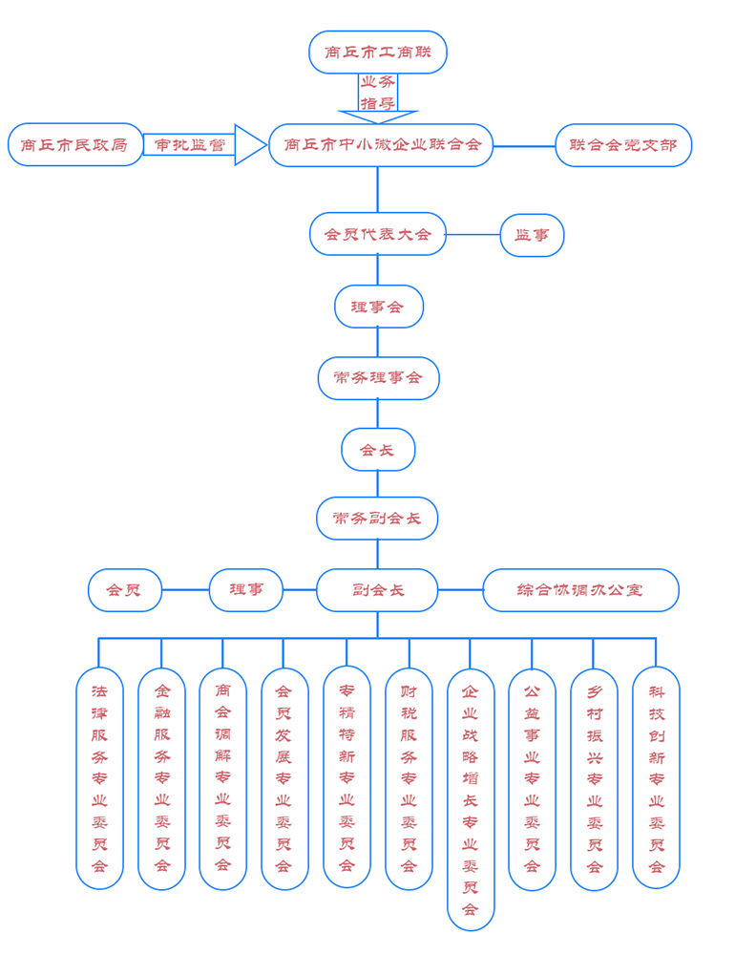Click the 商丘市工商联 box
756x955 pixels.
click(378, 52)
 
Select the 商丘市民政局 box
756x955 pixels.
click(75, 145)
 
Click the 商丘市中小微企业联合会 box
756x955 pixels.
click(381, 145)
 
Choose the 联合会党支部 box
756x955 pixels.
click(623, 145)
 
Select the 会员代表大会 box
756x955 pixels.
click(378, 234)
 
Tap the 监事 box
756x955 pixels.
click(532, 235)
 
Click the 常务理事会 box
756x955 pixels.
click(378, 378)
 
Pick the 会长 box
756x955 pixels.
click(378, 449)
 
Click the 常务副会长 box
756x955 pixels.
click(378, 519)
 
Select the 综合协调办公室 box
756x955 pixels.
click(580, 590)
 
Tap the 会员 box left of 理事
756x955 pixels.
click(125, 590)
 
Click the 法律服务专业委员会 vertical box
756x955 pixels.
click(99, 777)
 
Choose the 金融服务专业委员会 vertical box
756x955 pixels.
click(161, 777)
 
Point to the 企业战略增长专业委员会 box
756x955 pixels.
click(471, 798)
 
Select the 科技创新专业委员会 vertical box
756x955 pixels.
click(656, 777)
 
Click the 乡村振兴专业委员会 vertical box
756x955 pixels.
click(594, 777)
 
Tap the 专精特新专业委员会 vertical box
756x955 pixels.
click(346, 777)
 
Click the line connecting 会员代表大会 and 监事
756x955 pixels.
click(472, 234)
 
